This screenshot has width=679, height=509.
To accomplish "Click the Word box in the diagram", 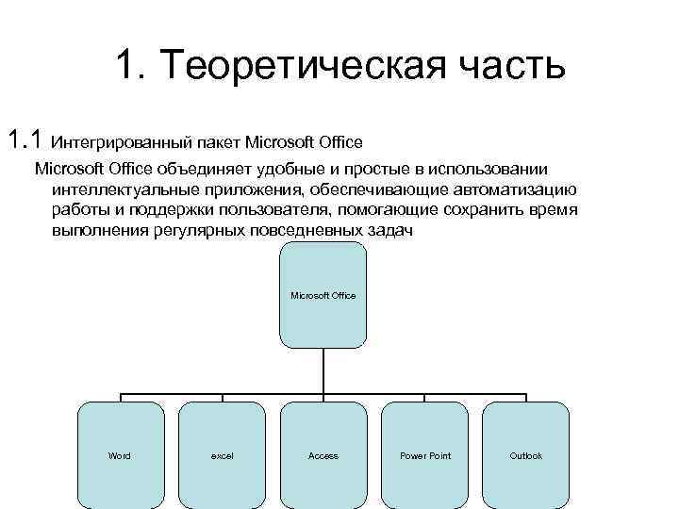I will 120,456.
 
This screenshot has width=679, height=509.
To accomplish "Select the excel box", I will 222,456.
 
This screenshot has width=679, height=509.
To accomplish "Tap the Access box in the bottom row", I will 323,456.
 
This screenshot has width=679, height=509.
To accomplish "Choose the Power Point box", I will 425,456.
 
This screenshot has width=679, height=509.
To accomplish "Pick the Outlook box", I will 526,456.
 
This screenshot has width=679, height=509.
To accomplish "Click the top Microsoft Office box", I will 323,295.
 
